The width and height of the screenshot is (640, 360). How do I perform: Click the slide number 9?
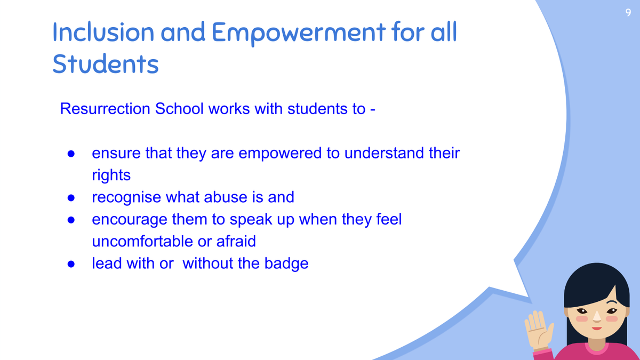(x=628, y=12)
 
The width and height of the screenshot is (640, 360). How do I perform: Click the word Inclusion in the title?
(x=103, y=32)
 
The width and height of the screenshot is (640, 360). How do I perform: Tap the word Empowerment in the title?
(x=299, y=33)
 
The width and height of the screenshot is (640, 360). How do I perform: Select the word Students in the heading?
(x=106, y=63)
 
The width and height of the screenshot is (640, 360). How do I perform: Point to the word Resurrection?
(x=105, y=109)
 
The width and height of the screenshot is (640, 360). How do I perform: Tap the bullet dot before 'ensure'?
(x=71, y=154)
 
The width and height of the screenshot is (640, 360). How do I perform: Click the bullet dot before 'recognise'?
(x=71, y=198)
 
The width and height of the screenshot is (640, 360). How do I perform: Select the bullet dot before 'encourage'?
(x=71, y=220)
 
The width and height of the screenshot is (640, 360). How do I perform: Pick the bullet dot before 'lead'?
(x=71, y=264)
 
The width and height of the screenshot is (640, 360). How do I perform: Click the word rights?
(x=111, y=175)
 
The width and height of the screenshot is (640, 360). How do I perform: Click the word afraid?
(x=236, y=241)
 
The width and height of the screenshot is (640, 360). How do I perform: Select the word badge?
(x=286, y=263)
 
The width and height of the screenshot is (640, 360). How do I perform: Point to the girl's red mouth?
(x=597, y=329)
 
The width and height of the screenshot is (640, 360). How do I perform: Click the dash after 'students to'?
(x=373, y=110)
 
